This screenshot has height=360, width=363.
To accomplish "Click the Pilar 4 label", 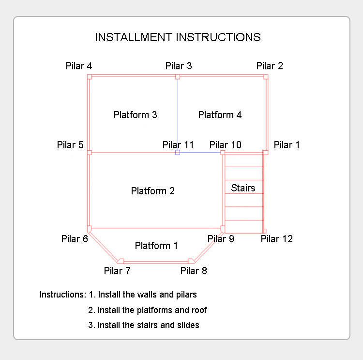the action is click(79, 66).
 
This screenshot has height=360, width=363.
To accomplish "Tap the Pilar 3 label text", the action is click(179, 66).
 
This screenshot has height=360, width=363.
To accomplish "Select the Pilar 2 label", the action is click(270, 66).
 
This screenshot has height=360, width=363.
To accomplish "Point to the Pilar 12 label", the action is click(277, 239).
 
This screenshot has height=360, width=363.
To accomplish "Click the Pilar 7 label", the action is click(117, 270).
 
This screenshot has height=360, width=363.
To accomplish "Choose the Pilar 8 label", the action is click(194, 270).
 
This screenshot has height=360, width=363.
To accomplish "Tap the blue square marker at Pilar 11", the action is click(178, 152).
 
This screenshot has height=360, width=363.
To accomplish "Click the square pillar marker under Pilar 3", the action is click(178, 77).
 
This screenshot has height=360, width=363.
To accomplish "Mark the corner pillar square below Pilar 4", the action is click(90, 77).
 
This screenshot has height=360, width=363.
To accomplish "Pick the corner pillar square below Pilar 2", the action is click(266, 77).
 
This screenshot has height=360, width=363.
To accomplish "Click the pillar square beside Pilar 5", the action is click(90, 152).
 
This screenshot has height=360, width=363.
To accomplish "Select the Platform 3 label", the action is click(135, 115).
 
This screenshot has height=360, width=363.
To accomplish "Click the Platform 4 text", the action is click(220, 115).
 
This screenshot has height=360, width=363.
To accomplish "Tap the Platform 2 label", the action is click(153, 191).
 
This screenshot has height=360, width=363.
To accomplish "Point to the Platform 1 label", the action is click(156, 246).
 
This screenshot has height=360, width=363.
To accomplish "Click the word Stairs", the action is click(243, 188).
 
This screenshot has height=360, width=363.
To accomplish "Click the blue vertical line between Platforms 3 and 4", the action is click(178, 114).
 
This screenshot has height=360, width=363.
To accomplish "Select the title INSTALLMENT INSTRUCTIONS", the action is click(178, 37).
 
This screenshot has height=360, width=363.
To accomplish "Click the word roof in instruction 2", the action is click(199, 310).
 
